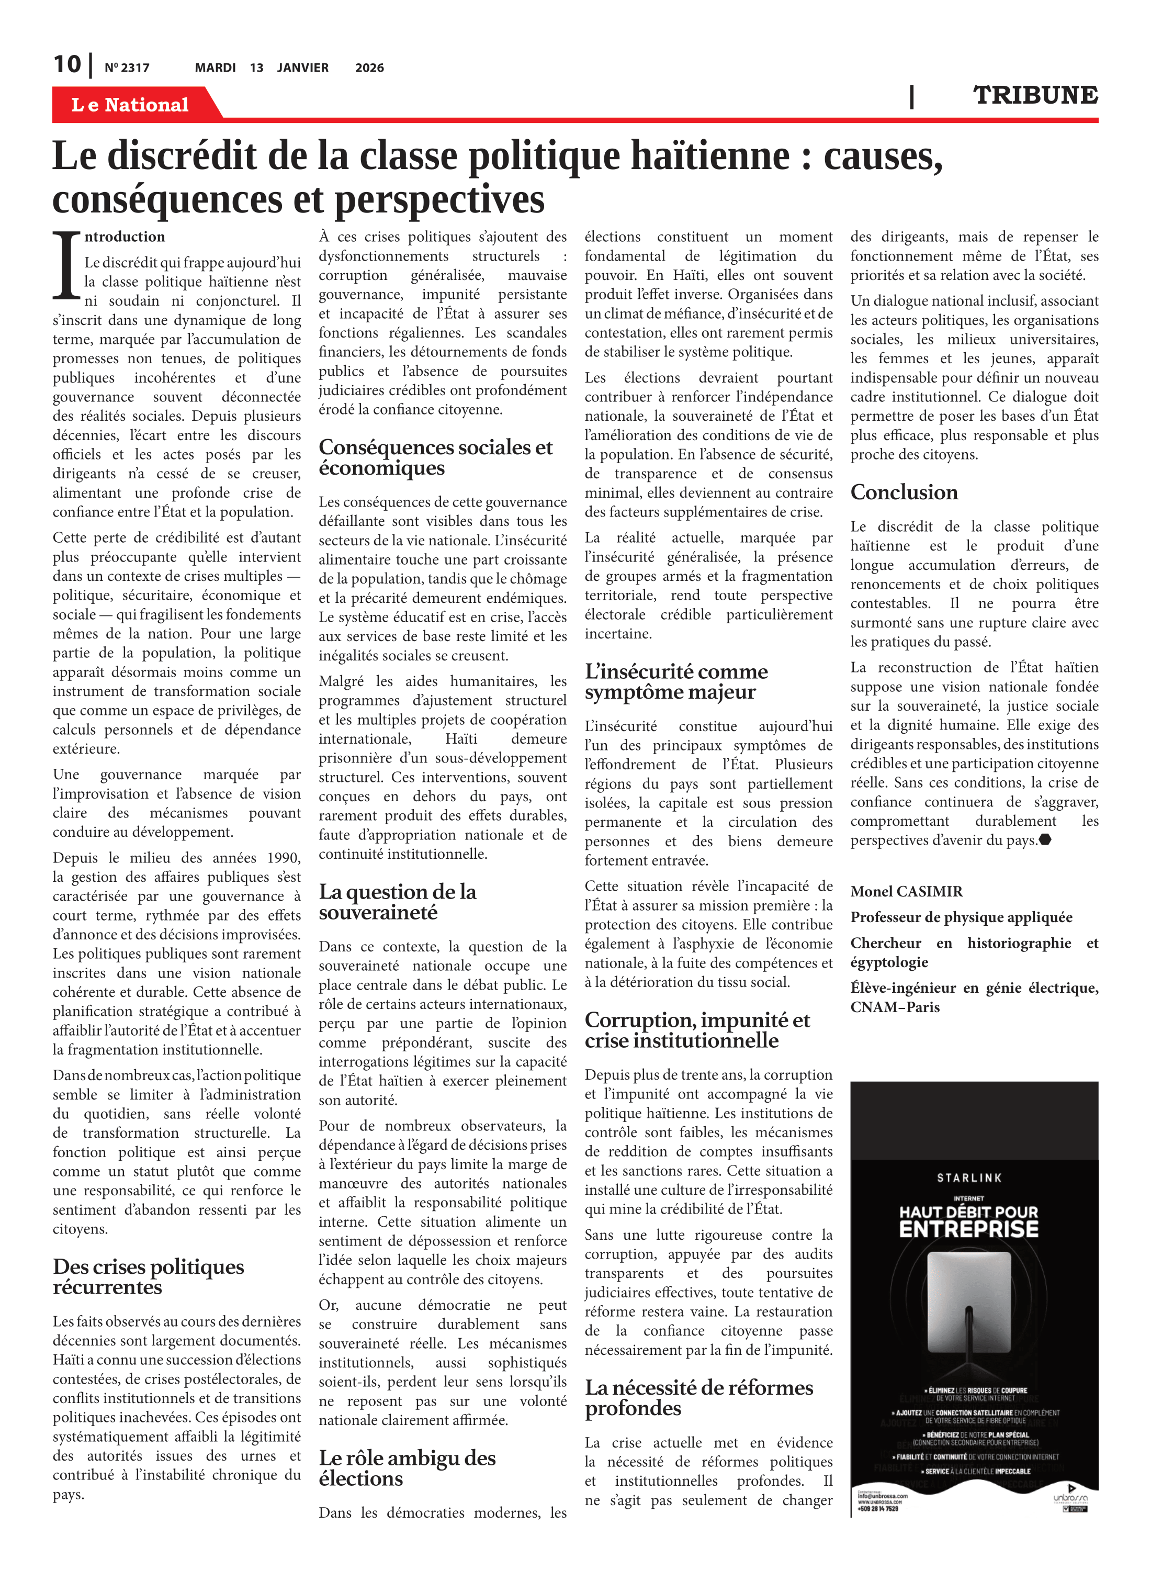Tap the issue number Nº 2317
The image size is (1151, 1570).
click(127, 68)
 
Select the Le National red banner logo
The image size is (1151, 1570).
click(130, 105)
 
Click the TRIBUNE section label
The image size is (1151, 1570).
click(1035, 95)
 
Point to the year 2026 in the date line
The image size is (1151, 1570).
click(369, 68)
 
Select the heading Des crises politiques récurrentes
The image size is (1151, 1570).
click(149, 1276)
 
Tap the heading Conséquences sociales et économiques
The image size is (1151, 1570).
click(435, 457)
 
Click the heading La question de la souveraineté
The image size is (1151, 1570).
click(397, 902)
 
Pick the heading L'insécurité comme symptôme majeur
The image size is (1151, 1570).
click(676, 681)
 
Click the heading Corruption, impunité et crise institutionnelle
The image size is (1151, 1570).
click(697, 1030)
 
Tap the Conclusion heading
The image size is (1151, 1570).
click(904, 492)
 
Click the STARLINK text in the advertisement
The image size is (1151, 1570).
click(969, 1177)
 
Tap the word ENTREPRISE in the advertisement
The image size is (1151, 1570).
click(968, 1229)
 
